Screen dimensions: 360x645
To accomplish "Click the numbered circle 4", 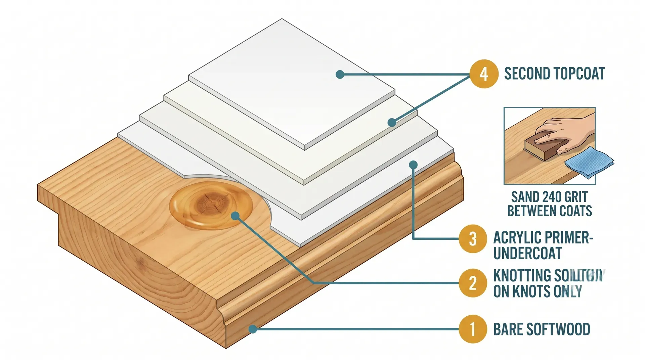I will [x=483, y=74].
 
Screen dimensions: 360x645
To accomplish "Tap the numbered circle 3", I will [x=473, y=239].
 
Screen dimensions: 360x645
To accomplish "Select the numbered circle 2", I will [x=473, y=283].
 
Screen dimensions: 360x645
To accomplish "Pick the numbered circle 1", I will [x=473, y=329].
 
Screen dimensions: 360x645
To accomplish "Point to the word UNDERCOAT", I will [x=527, y=253].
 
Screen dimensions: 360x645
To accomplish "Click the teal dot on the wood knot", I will [x=235, y=216].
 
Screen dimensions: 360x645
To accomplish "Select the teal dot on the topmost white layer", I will [x=340, y=75].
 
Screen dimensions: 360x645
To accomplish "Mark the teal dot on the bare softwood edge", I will [x=253, y=329].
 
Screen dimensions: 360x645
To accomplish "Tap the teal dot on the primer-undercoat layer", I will [x=413, y=165].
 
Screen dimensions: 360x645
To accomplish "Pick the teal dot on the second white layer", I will [x=392, y=123].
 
